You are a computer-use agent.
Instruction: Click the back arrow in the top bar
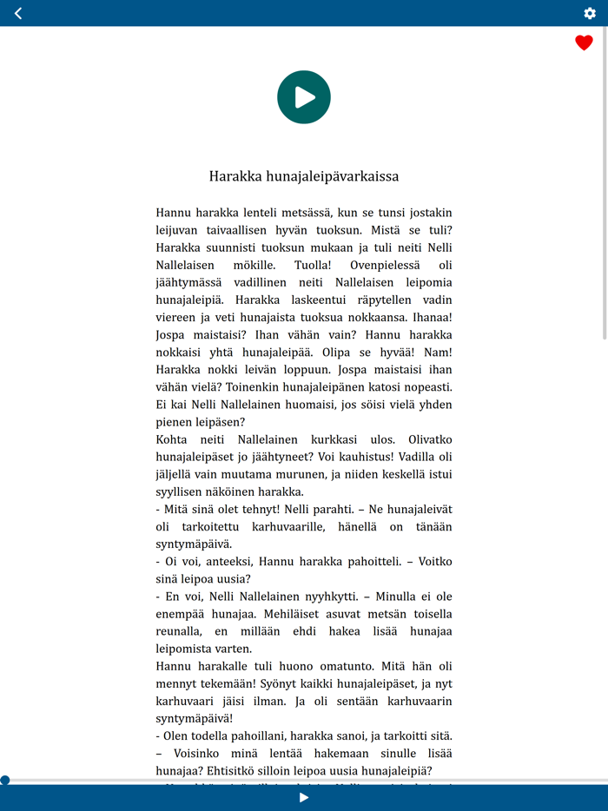click(18, 13)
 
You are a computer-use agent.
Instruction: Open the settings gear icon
click(590, 13)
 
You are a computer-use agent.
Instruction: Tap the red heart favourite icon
click(584, 43)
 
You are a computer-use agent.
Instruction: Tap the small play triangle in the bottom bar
click(304, 798)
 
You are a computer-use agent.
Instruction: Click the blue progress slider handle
click(5, 781)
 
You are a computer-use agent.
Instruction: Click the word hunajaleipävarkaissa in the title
click(331, 176)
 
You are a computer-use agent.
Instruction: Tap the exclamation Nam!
click(437, 352)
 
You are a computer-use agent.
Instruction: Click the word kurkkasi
click(353, 439)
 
